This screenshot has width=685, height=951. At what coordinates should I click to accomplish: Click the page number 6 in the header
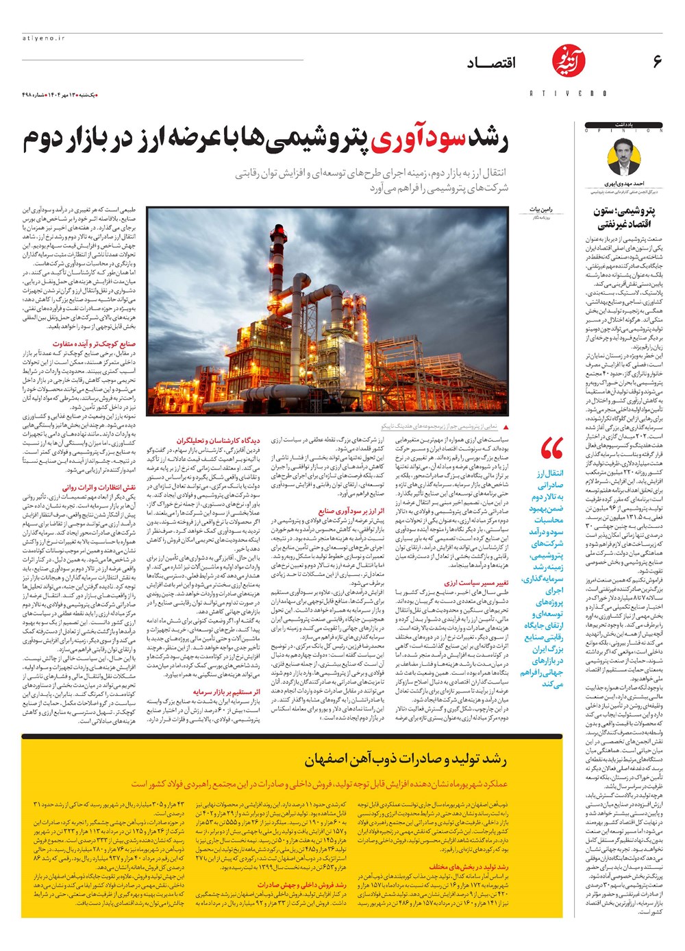pos(657,62)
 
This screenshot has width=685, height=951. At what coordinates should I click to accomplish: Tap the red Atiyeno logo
pos(567,66)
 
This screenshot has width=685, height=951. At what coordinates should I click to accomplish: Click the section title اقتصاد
pos(491,64)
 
